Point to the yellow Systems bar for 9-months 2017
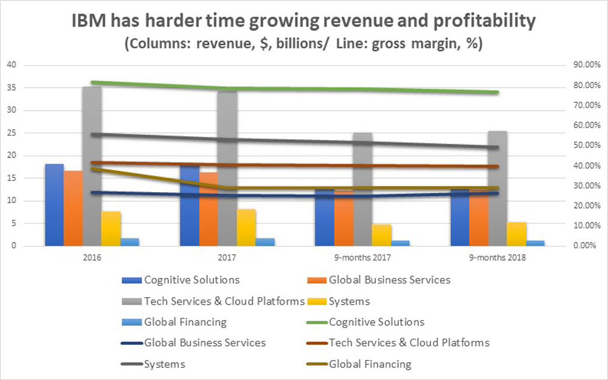(x=382, y=235)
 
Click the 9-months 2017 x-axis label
(x=362, y=257)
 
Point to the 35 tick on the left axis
(x=11, y=88)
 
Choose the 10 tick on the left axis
(x=11, y=201)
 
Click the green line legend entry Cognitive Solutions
(x=376, y=322)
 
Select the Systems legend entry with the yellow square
(x=349, y=301)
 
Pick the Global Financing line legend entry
(x=370, y=364)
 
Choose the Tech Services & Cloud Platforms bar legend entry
(x=224, y=301)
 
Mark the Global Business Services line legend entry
(x=204, y=343)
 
